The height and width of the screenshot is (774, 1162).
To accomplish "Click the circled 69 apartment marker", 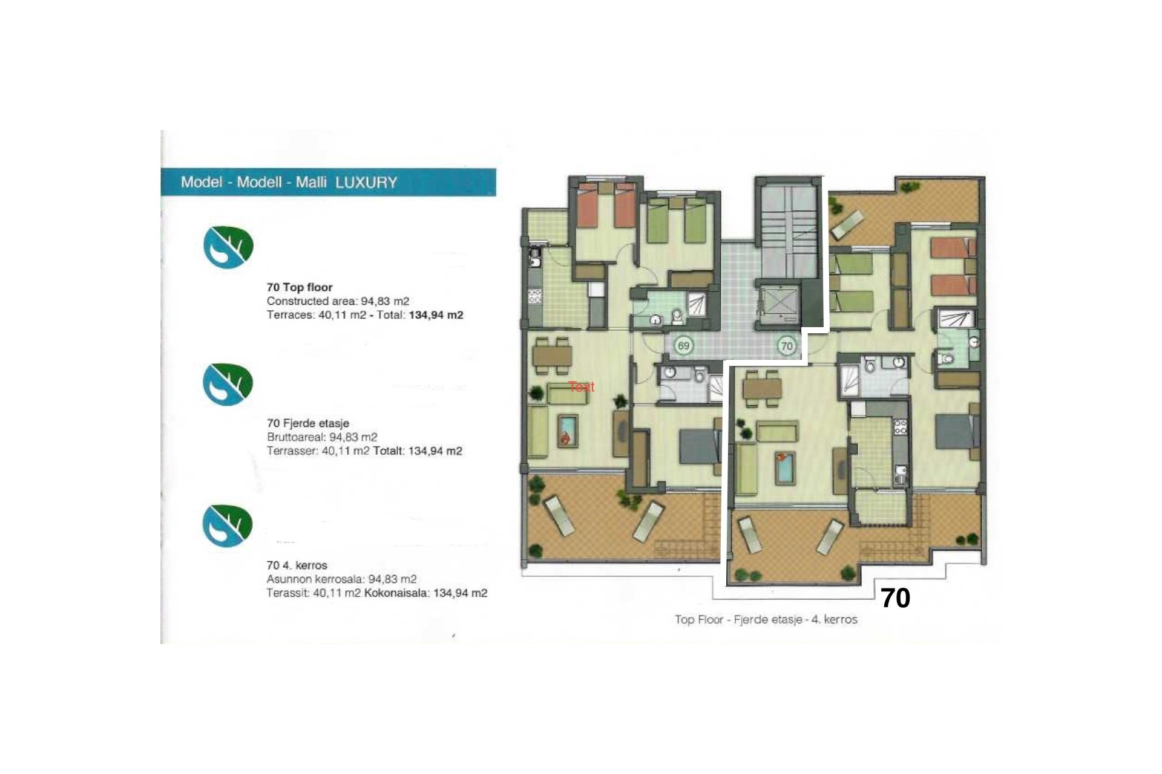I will [x=683, y=346].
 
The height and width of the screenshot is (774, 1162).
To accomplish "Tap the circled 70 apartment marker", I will [x=786, y=346].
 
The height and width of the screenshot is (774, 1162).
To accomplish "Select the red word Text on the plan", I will [x=582, y=387].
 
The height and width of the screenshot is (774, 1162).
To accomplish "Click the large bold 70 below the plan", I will [x=895, y=598].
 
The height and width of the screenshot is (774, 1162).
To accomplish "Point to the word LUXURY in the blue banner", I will [x=366, y=183].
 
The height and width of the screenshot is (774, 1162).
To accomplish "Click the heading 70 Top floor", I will [x=300, y=287].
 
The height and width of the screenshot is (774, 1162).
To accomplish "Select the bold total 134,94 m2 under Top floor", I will [x=436, y=315].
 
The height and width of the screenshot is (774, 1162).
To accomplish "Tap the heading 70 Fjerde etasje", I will [x=308, y=423].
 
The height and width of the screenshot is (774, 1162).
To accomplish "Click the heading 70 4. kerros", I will [x=297, y=565].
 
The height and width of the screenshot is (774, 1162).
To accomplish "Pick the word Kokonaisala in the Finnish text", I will [x=396, y=593].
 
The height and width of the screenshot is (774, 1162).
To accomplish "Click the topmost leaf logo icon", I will [x=228, y=247].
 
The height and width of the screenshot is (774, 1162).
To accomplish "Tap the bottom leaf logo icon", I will [x=228, y=525].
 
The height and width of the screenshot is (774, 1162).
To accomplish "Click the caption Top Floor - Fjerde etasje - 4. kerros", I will [x=766, y=619].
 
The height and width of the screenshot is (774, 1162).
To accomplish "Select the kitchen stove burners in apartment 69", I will [x=535, y=296].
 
